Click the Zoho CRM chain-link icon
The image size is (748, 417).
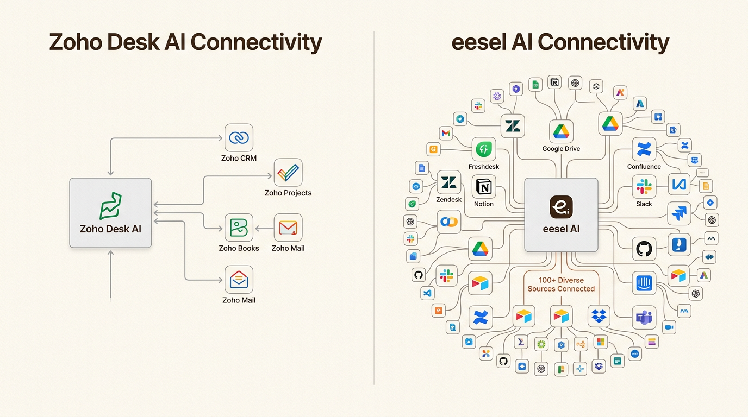coord(239,138)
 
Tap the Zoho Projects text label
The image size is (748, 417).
coord(288,193)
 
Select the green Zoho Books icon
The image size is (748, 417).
coord(239,228)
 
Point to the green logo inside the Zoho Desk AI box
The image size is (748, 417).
coord(110,206)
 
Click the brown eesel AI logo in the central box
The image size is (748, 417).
coord(561,207)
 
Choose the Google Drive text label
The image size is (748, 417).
coord(561,149)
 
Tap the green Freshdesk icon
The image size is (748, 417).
coord(483,149)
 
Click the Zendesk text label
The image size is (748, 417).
coord(449,199)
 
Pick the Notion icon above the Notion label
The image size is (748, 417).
coord(484,187)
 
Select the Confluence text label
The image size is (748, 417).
coord(644,167)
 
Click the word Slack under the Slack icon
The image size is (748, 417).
coord(644,204)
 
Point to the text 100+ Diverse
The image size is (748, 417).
coord(561,280)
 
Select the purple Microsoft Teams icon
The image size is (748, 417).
coord(644,318)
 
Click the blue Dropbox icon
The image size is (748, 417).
coord(599,315)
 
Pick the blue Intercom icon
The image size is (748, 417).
coord(644,283)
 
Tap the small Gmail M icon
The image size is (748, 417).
coord(446,133)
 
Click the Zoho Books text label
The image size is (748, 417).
coord(239,248)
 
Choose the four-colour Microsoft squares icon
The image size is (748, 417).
coord(600,342)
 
